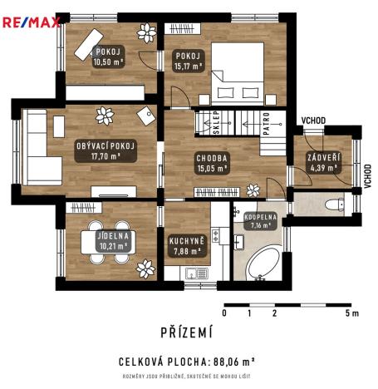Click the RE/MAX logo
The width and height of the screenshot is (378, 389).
pos(31,22)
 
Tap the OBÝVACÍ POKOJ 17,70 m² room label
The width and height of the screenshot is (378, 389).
pos(105,150)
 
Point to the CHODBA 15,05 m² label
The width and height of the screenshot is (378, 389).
pos(211,162)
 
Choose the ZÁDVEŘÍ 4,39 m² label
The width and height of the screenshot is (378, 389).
pos(322,162)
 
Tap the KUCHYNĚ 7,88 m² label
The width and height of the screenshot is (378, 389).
pos(185,245)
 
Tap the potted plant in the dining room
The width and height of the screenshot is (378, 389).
pos(146,268)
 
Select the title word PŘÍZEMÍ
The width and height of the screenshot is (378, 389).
pos(186,333)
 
